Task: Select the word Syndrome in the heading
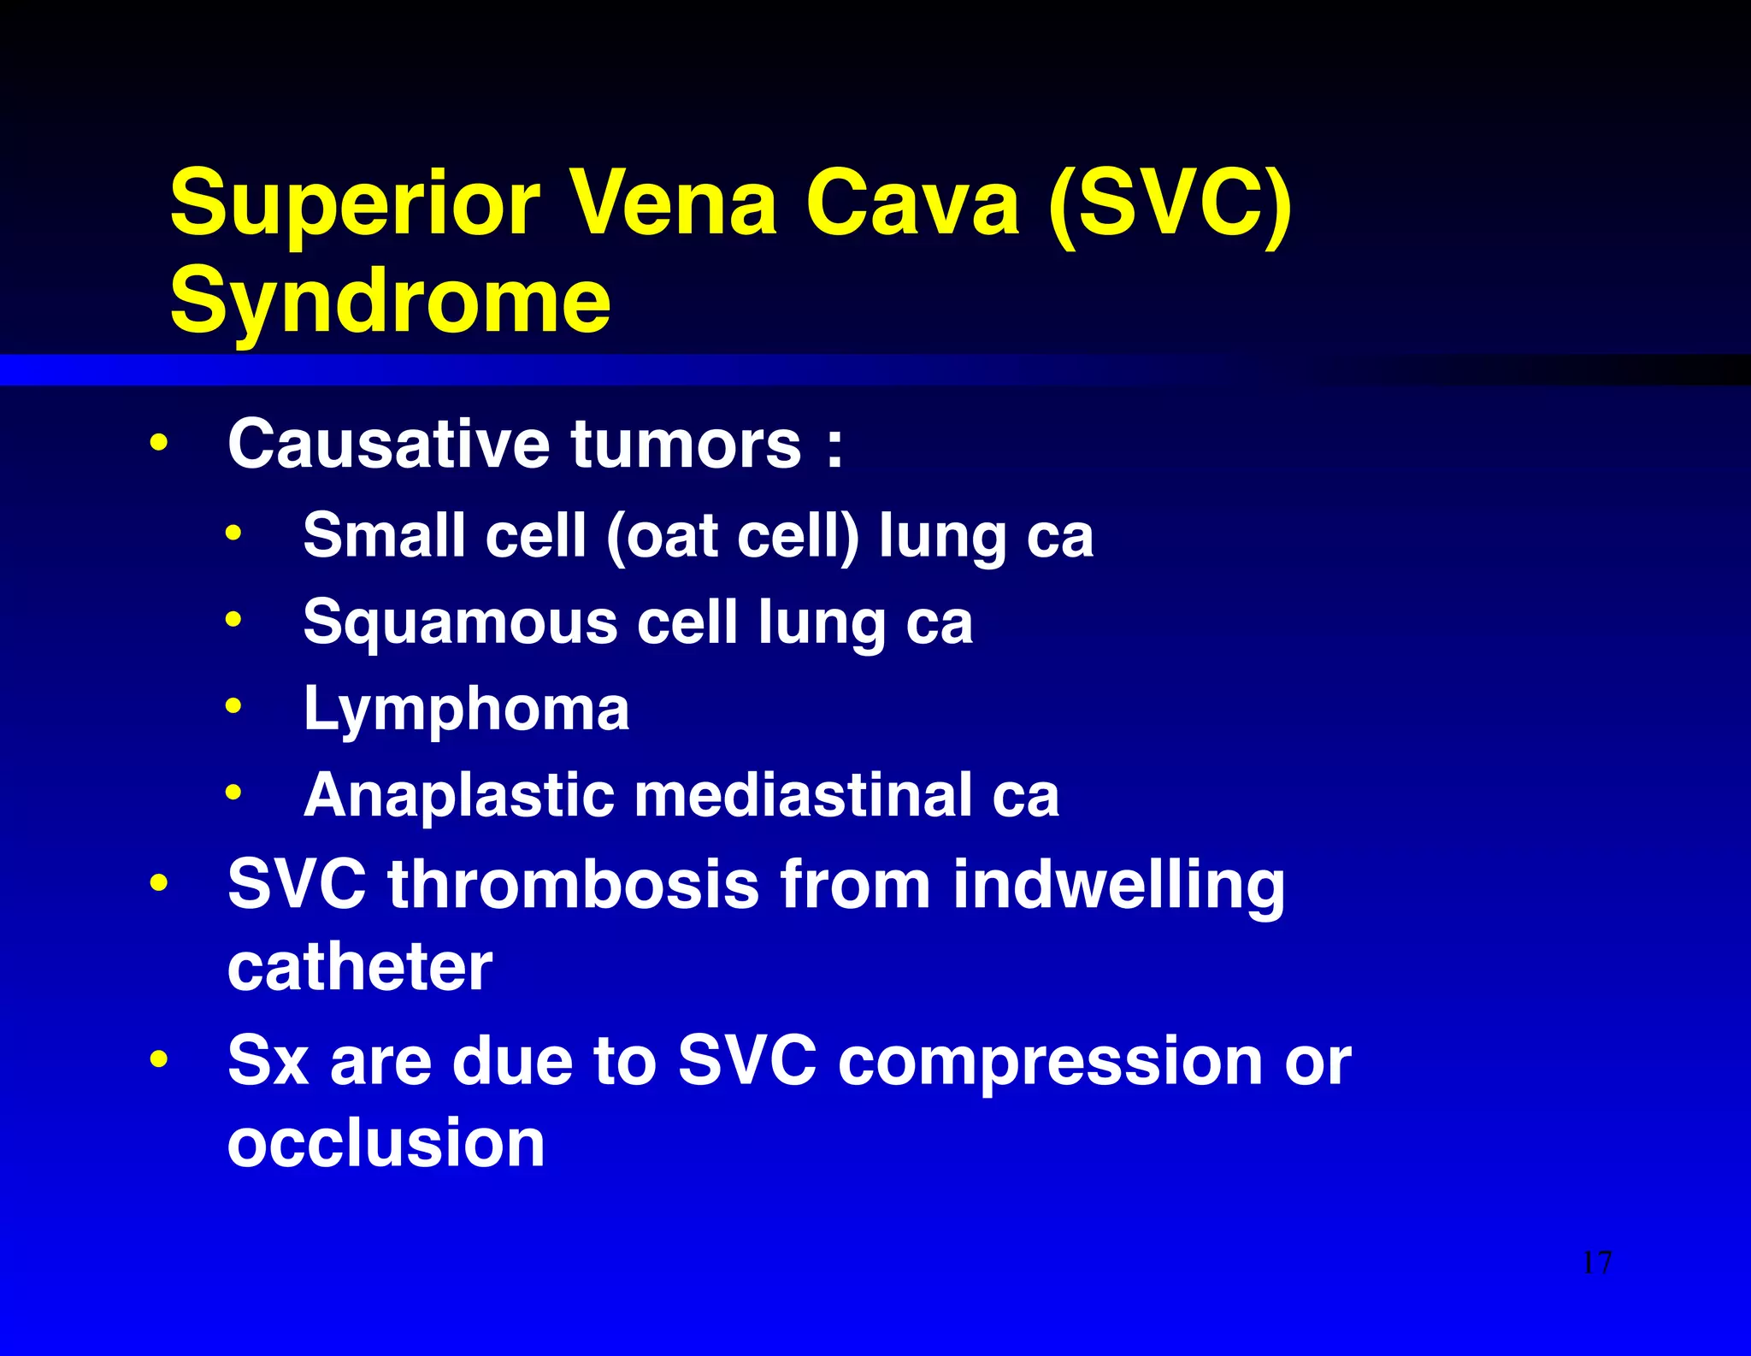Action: pos(390,301)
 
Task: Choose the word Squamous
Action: pos(460,623)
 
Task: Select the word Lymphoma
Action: pos(466,710)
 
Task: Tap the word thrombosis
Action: pos(573,884)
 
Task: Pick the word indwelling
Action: pos(1118,886)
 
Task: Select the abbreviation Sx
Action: pos(268,1060)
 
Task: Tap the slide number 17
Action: pos(1596,1263)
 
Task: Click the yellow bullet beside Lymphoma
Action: pos(233,706)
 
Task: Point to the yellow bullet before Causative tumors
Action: pos(158,443)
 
